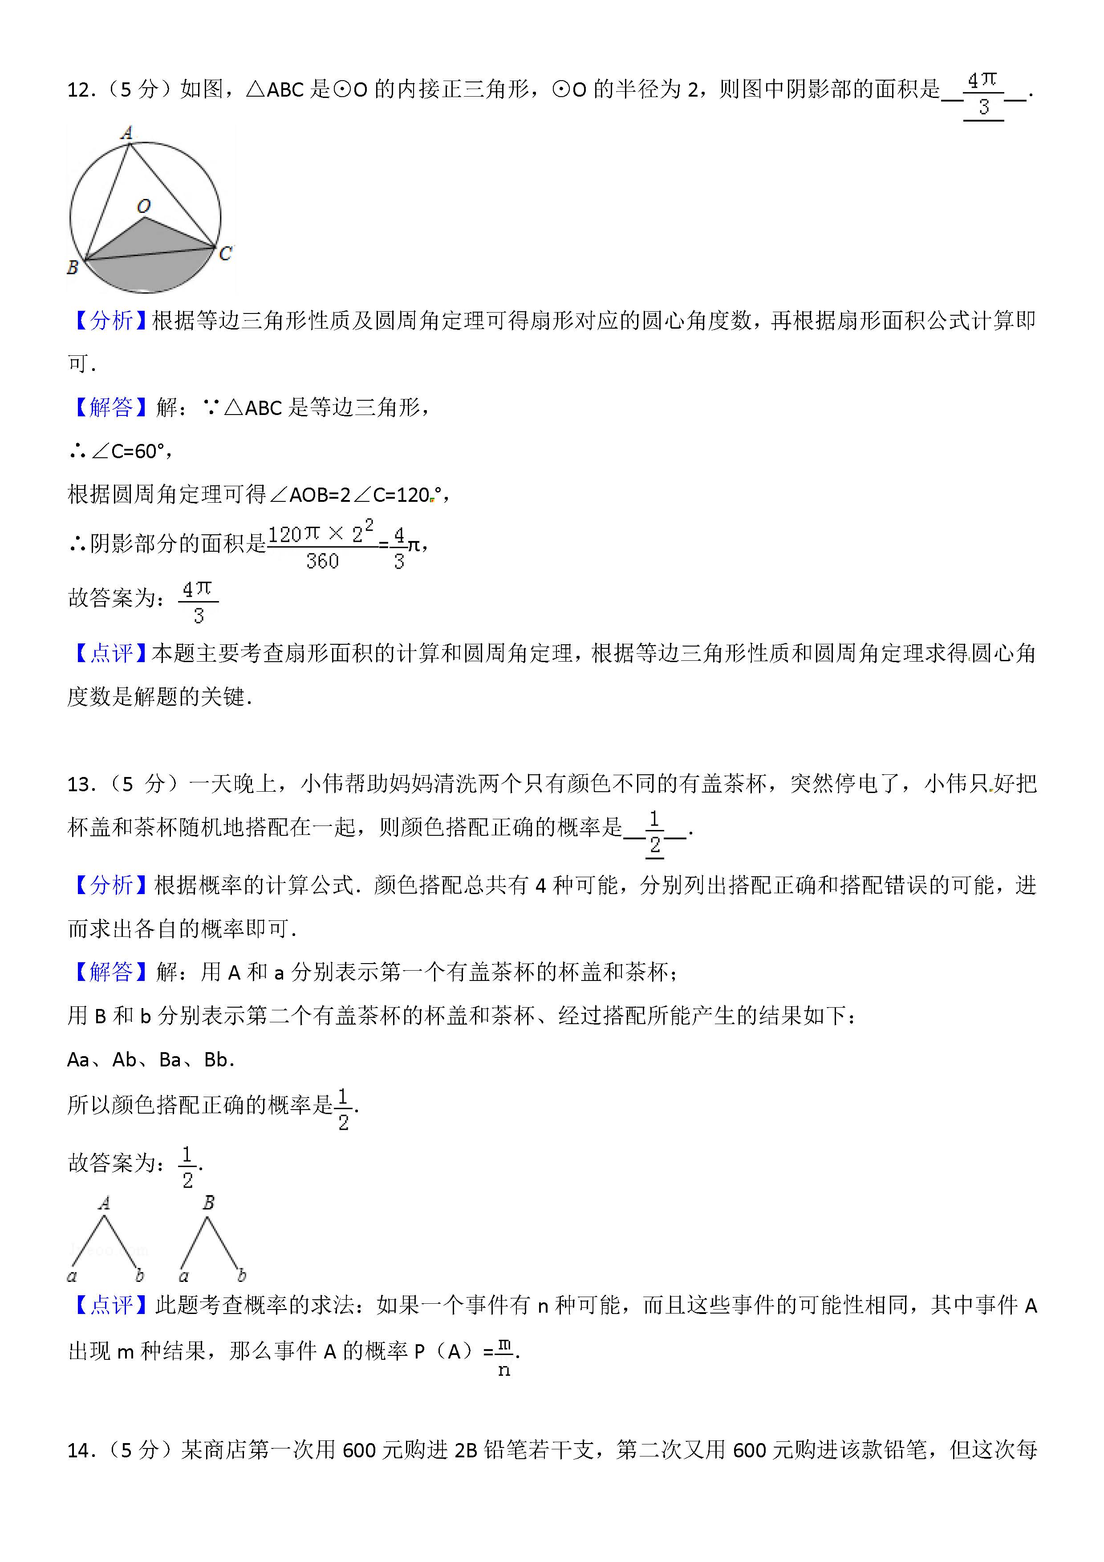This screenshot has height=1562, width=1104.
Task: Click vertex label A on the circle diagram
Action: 126,133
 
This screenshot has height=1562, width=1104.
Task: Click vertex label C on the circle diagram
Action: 226,254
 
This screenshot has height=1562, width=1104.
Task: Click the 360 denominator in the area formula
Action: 322,561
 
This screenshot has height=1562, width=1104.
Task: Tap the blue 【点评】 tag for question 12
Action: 110,653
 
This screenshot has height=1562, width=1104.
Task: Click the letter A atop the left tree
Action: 104,1203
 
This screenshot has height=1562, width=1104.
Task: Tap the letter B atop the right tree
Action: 208,1203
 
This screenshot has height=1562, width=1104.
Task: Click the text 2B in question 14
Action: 466,1450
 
